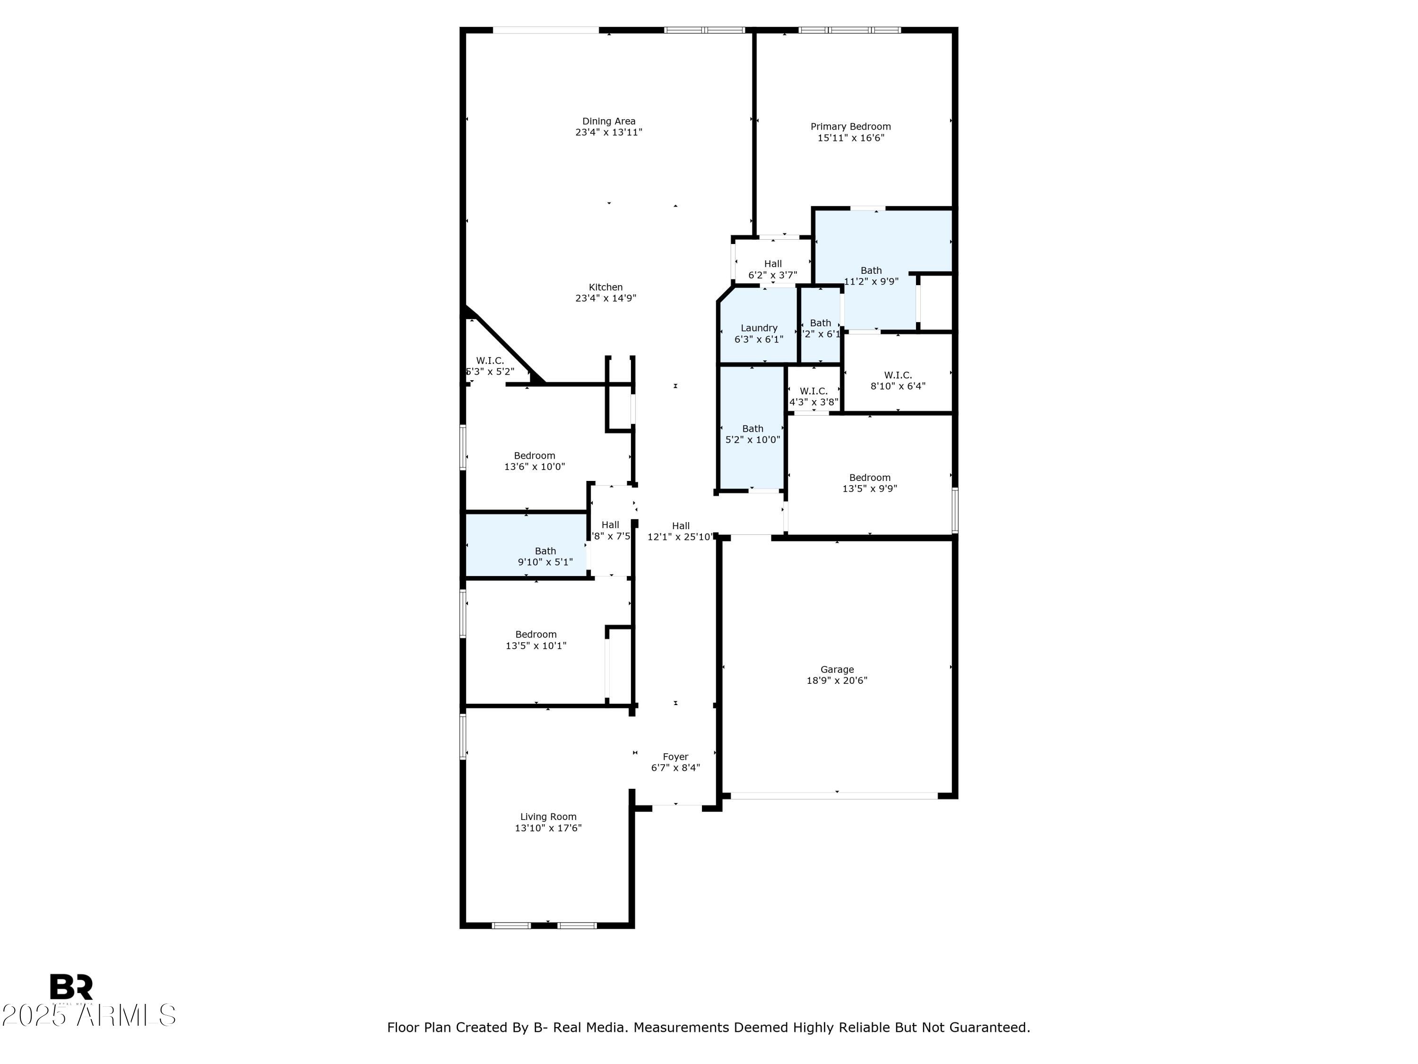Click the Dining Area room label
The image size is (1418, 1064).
tap(608, 121)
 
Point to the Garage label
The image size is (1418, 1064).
tap(837, 670)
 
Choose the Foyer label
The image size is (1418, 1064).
tap(675, 757)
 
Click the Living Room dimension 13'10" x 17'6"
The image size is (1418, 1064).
tap(548, 828)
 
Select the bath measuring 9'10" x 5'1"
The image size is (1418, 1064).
tap(545, 556)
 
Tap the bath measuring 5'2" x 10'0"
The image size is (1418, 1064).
tap(752, 434)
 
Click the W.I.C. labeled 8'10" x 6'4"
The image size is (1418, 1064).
tap(898, 380)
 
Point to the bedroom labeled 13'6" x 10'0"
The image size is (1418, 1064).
tap(534, 461)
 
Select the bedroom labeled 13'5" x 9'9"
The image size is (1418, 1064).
tap(869, 483)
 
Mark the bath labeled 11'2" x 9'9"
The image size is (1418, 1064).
tap(871, 276)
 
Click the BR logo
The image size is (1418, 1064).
tap(71, 987)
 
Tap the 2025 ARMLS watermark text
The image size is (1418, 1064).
tap(88, 1015)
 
